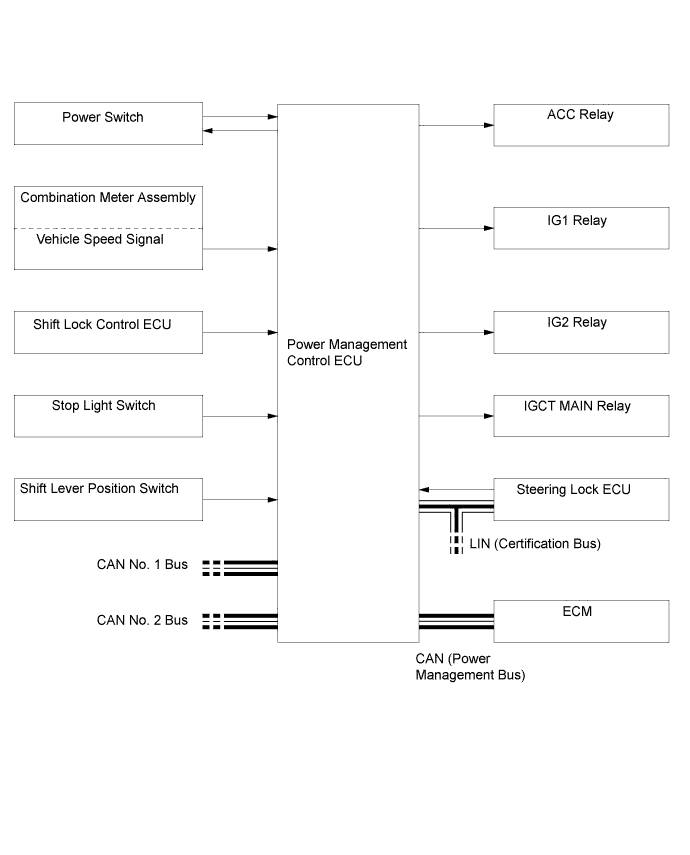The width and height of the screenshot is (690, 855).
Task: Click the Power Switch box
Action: point(108,123)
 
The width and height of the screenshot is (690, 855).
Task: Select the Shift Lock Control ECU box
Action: point(108,332)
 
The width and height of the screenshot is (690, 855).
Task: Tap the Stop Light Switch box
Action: point(108,415)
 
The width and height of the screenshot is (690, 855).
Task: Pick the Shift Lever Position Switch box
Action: point(108,498)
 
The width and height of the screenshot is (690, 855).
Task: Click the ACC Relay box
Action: point(581,124)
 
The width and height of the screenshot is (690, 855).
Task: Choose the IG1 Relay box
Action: point(581,228)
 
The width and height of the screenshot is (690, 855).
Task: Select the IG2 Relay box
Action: point(581,332)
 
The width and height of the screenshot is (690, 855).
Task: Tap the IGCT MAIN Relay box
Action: point(581,415)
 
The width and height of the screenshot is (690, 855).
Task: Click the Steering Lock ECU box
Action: point(581,498)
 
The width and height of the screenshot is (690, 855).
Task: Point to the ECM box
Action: point(581,620)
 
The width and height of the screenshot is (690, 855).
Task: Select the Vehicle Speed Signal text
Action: point(100,239)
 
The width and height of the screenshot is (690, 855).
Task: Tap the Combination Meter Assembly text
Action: point(108,198)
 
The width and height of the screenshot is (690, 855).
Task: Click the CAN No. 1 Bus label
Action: point(142,565)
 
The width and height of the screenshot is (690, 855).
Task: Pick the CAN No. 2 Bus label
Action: point(142,620)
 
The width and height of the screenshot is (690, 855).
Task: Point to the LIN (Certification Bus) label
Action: point(534,544)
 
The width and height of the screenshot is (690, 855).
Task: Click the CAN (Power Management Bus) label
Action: point(470,667)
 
